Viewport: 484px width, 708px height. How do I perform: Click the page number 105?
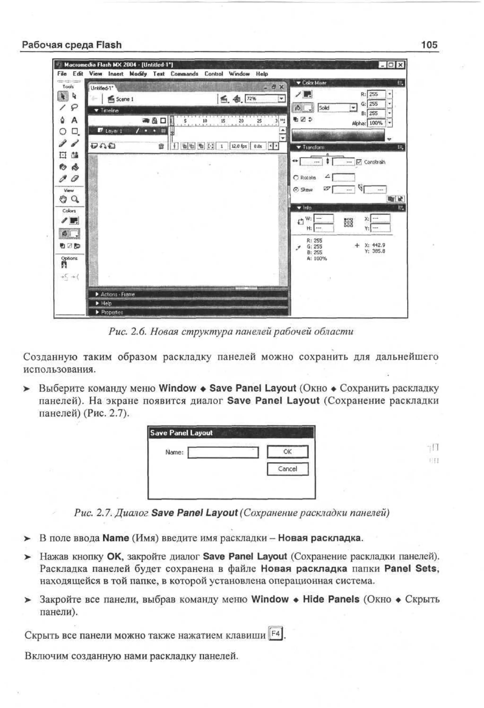[429, 45]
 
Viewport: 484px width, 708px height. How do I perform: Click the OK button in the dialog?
[287, 451]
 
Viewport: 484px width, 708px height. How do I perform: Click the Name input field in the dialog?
[223, 452]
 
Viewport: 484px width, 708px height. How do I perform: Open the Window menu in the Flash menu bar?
[239, 74]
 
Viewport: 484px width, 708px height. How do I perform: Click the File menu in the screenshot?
[62, 74]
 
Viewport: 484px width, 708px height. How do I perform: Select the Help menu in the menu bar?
[262, 74]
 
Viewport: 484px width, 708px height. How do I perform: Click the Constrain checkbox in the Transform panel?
[359, 162]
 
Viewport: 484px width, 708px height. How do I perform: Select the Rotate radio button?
[296, 178]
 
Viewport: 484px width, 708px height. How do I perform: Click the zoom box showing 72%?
[262, 99]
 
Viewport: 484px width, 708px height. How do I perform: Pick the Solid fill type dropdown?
[337, 107]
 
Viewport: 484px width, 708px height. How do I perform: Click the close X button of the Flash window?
[401, 64]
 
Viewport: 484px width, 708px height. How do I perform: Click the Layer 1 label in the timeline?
[114, 131]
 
